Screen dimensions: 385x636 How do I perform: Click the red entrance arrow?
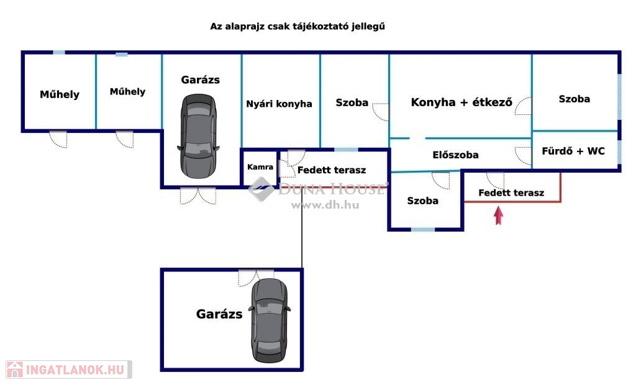coord(498,215)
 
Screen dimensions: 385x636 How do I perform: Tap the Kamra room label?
coord(260,167)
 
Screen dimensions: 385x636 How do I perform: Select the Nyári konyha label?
coord(279,104)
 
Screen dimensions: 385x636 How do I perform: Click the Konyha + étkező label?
coord(461,102)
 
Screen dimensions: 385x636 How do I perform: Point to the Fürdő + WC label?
coord(573,151)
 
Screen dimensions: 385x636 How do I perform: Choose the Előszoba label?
coord(455,155)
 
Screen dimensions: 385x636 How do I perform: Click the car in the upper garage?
coord(198,134)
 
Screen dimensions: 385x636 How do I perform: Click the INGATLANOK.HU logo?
coord(68,369)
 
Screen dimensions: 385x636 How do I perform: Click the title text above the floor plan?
coord(302,27)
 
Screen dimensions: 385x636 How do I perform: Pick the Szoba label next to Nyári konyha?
coord(352,102)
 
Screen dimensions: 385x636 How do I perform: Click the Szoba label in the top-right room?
coord(574,99)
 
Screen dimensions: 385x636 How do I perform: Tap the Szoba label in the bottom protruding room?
coord(422,201)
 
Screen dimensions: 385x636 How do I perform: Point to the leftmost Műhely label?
coord(60,94)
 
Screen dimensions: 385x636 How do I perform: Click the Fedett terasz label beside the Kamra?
coord(332,170)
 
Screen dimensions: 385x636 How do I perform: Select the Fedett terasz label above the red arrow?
coord(511,192)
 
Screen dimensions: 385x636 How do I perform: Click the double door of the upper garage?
coord(198,195)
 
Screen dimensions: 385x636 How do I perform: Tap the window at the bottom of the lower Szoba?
coord(423,229)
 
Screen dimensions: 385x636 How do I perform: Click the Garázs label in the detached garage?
coord(219,314)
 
